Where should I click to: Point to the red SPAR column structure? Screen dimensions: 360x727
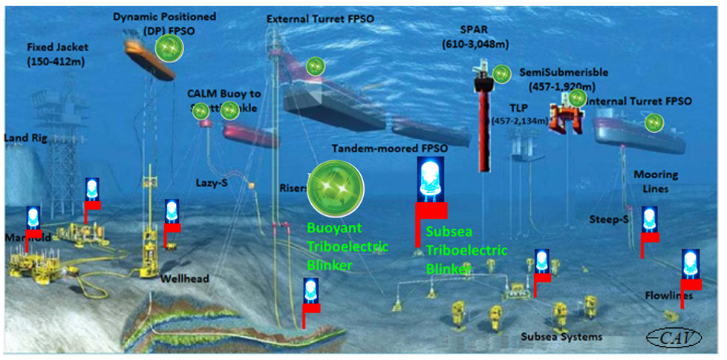(486, 126)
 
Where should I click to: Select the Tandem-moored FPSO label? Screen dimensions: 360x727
(390, 148)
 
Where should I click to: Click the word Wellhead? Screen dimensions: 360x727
(184, 278)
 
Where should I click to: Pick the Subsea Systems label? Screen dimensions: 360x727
(561, 337)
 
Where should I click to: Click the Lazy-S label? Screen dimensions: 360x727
(211, 181)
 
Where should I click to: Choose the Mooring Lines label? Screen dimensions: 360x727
(656, 182)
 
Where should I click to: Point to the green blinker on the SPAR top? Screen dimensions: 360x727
(501, 73)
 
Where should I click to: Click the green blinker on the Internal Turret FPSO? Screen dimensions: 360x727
(653, 122)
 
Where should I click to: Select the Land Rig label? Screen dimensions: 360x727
(25, 138)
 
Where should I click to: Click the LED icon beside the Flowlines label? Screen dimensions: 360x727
(690, 264)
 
